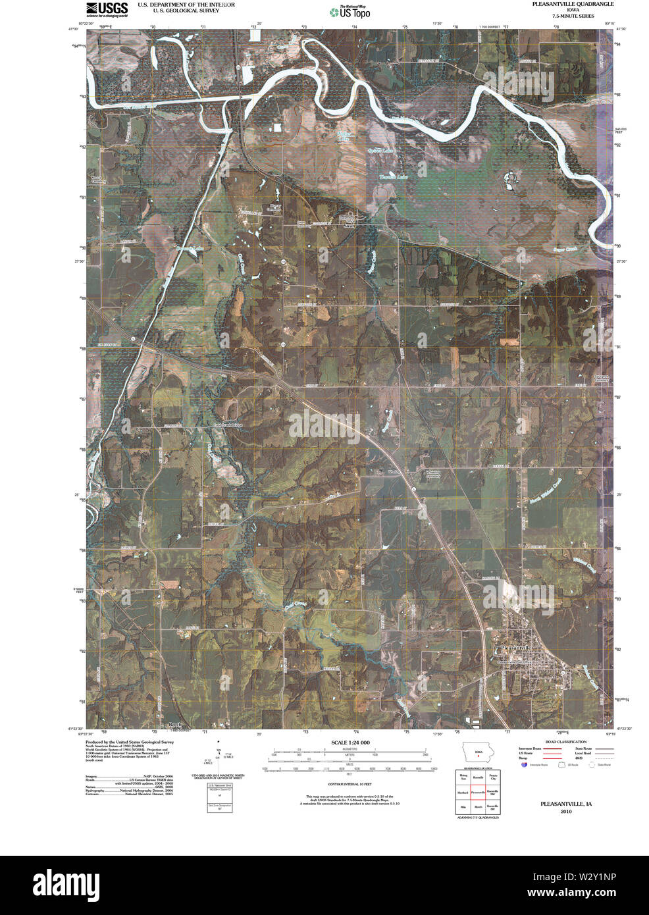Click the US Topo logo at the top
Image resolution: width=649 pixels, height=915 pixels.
tap(349, 11)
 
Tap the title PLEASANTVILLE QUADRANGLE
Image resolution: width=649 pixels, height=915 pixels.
tap(573, 4)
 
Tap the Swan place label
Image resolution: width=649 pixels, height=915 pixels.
tap(349, 225)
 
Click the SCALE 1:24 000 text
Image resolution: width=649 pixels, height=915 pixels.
tap(349, 743)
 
